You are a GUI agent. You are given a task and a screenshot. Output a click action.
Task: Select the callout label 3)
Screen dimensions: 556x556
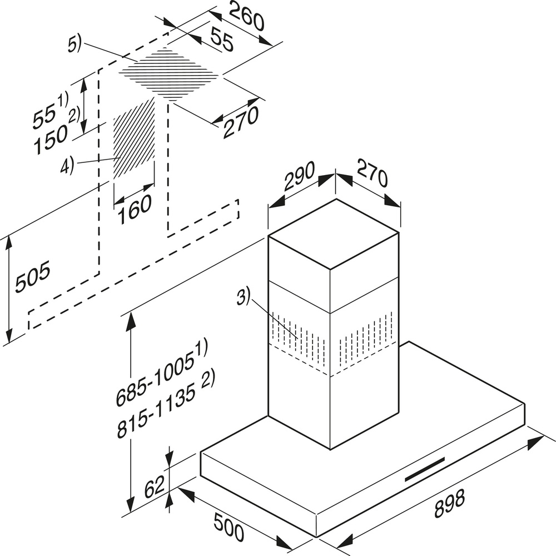[x=243, y=296]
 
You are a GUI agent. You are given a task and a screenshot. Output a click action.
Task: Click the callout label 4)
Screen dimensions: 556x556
[x=67, y=165]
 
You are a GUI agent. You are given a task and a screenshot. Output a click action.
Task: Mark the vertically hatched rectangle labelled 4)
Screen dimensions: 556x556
[x=133, y=139]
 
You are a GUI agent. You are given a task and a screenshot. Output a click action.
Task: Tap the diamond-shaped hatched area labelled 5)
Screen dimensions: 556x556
[x=170, y=73]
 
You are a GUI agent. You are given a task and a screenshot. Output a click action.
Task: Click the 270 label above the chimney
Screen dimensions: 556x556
[x=371, y=177]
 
